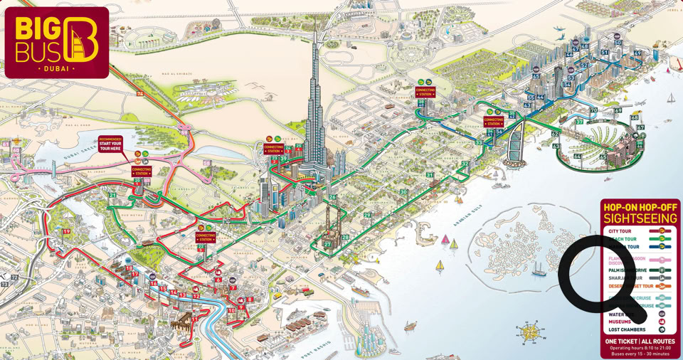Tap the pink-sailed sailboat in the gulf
click(445, 240)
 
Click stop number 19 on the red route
click(67, 231)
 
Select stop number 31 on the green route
click(430, 175)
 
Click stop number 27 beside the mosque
click(328, 244)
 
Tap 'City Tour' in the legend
click(620, 231)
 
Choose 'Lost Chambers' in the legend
click(627, 329)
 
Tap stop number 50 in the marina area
click(618, 43)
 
